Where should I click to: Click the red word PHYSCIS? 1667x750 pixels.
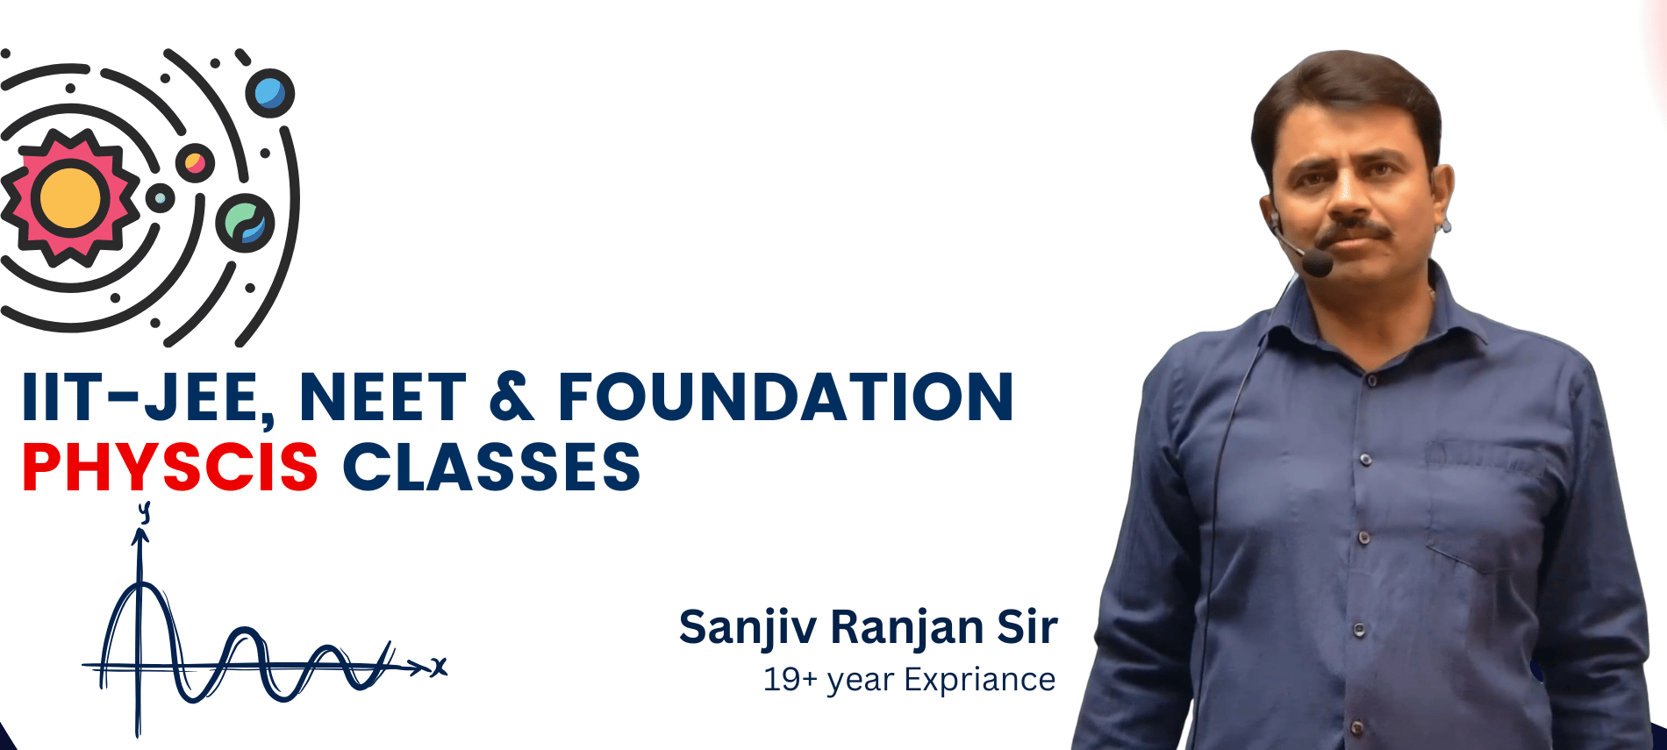click(170, 467)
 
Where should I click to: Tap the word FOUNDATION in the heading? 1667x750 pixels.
click(786, 397)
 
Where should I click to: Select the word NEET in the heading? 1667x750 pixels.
click(383, 397)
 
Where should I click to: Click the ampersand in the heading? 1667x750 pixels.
click(512, 397)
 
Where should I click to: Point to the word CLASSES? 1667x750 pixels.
click(491, 467)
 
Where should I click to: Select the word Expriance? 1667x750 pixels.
click(979, 680)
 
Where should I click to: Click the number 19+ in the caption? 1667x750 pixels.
click(790, 680)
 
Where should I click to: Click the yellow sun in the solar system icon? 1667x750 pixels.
click(70, 197)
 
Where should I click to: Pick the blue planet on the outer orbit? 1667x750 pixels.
click(269, 93)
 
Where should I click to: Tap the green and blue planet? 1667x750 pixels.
click(245, 223)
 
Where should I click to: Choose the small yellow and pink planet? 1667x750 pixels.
click(195, 163)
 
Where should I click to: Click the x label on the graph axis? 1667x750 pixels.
click(439, 668)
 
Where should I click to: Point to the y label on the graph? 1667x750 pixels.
click(145, 511)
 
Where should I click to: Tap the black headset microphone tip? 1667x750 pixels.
click(1317, 262)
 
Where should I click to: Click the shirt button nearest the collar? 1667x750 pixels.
click(1370, 380)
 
